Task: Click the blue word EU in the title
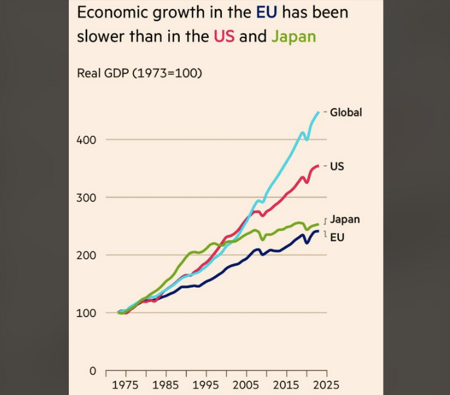266,13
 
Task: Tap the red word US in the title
224,36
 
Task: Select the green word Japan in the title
293,36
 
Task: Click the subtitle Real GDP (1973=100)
139,73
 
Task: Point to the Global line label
346,112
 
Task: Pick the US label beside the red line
337,167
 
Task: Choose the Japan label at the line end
345,219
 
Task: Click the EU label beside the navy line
337,238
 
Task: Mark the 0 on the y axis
92,371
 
